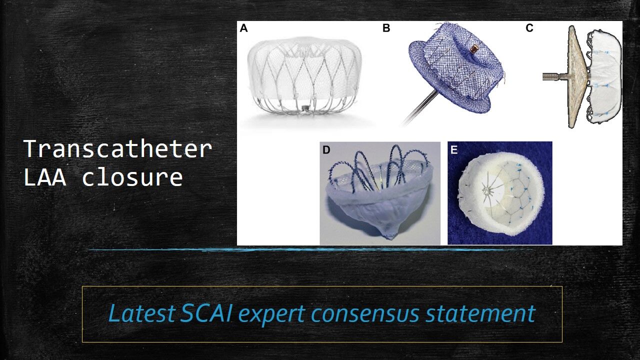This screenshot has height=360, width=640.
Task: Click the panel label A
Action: (243, 28)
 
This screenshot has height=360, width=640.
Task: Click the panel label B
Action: (386, 28)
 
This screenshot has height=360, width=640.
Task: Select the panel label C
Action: (529, 28)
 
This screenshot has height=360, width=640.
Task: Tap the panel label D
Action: (326, 150)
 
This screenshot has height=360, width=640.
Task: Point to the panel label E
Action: (454, 150)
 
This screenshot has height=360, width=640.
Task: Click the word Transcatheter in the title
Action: (118, 149)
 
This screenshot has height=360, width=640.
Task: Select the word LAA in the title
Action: (45, 177)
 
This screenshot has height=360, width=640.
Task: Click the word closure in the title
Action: (132, 177)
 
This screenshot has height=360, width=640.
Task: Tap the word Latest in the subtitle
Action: (141, 313)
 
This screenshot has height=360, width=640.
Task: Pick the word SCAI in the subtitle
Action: (205, 313)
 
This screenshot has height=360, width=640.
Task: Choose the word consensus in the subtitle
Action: (365, 315)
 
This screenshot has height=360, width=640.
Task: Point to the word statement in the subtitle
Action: (480, 314)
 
